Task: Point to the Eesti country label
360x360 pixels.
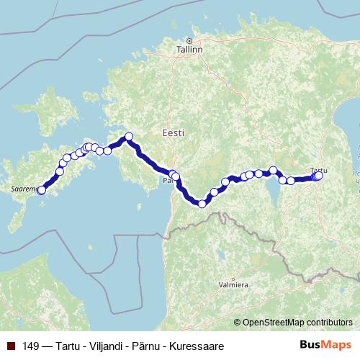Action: pos(174,133)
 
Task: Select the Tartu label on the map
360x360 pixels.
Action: pos(318,170)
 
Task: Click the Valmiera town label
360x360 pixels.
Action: pos(233,284)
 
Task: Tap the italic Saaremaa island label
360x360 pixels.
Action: pos(23,189)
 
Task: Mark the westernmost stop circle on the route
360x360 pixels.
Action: pos(42,190)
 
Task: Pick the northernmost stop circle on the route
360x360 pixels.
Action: pos(130,136)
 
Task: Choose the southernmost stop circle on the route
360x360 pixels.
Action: pos(202,204)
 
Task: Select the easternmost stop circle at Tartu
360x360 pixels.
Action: pos(319,176)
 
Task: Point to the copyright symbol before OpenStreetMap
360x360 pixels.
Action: pos(238,322)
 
